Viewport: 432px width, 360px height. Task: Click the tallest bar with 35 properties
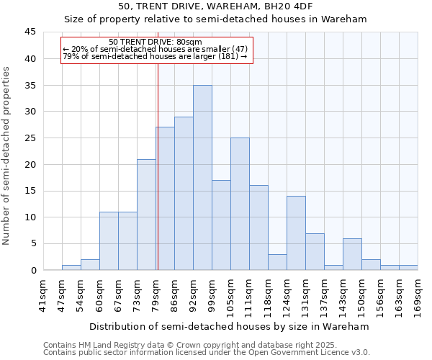(202, 178)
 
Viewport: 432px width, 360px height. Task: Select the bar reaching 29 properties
(184, 194)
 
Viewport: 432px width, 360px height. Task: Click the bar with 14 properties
(296, 233)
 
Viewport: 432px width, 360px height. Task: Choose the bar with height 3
(277, 262)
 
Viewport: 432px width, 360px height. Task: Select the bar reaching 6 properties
(352, 254)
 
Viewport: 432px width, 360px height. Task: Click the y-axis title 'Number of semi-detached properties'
(7, 156)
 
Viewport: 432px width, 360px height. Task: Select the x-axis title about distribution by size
(230, 326)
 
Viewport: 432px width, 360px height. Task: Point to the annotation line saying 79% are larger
(155, 56)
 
